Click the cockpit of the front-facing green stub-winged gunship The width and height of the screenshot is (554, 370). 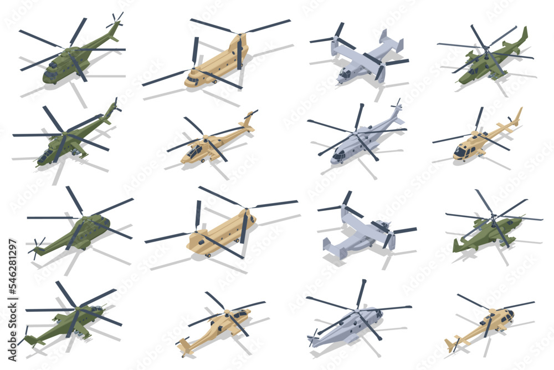point(44,156)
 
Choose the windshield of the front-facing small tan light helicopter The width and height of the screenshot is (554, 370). point(459,151)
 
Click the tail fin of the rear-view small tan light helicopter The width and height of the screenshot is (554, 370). point(450,344)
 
